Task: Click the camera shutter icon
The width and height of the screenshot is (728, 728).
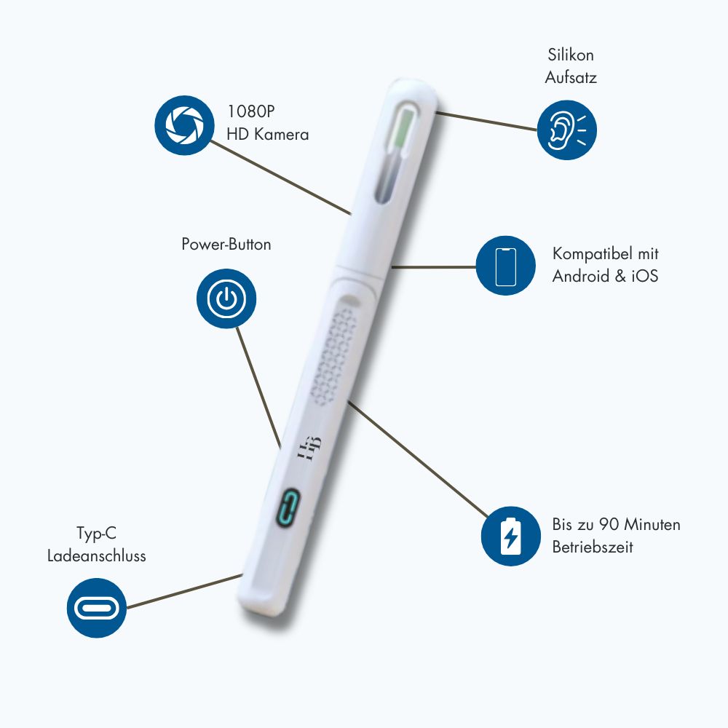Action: [184, 125]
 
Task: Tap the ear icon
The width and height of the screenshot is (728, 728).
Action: [567, 130]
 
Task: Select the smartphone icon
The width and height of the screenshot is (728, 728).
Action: [506, 266]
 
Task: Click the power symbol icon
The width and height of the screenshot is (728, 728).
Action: [226, 298]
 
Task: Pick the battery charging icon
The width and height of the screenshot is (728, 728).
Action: [511, 536]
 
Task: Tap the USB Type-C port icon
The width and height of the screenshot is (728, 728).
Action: [97, 608]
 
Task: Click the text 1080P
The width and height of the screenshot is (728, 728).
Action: [250, 111]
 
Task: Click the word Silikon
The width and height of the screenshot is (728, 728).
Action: [571, 55]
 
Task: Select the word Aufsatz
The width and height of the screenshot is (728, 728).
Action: [571, 77]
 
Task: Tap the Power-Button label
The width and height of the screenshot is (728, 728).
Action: [226, 244]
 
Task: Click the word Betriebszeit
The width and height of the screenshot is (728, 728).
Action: [593, 547]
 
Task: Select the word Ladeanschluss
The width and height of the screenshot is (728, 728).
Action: [97, 555]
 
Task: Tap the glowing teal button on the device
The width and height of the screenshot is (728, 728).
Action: [288, 507]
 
